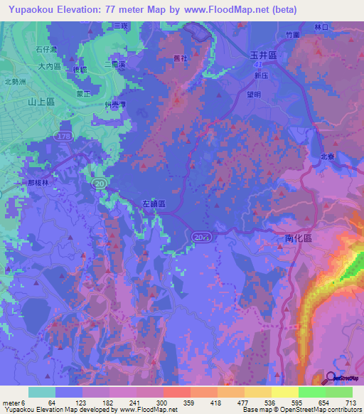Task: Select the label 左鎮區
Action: [x=152, y=204]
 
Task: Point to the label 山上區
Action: [x=41, y=102]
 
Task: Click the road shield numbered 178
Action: [x=66, y=135]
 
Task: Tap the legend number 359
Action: [x=190, y=403]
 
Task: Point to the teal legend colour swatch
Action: [x=42, y=392]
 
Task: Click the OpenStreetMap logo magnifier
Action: [x=331, y=378]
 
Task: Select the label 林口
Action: [x=344, y=26]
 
